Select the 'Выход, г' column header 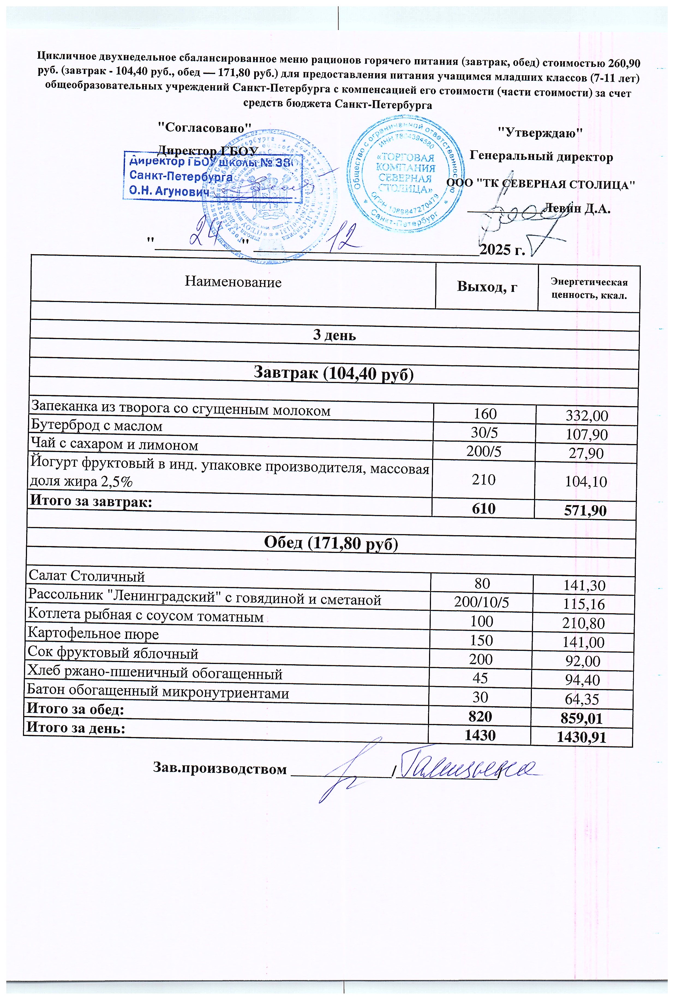[x=487, y=286]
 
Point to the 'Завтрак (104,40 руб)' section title [x=334, y=373]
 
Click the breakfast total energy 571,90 [x=585, y=511]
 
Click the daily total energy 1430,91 [x=581, y=737]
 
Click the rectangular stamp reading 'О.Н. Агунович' [x=213, y=176]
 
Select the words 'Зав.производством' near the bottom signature [x=220, y=768]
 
